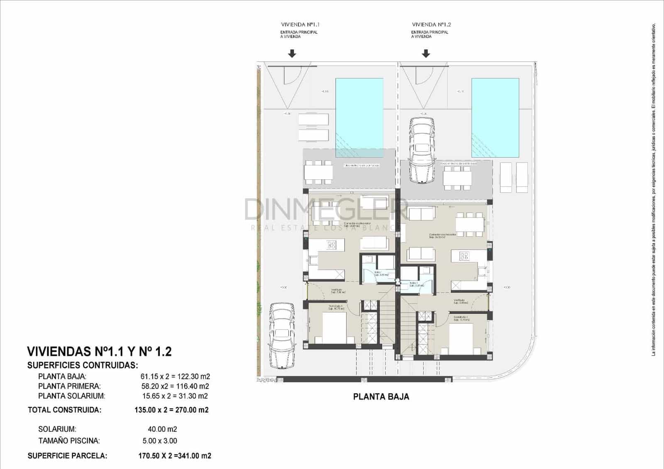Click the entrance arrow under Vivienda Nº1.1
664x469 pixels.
pyautogui.click(x=292, y=54)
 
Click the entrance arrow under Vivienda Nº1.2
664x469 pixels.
pyautogui.click(x=426, y=54)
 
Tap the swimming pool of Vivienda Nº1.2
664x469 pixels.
pyautogui.click(x=495, y=118)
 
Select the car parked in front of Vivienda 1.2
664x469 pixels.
pyautogui.click(x=422, y=150)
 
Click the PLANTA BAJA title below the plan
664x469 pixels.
pyautogui.click(x=381, y=397)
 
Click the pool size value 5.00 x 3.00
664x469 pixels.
pyautogui.click(x=160, y=441)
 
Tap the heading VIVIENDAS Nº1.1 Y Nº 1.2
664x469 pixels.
pyautogui.click(x=99, y=352)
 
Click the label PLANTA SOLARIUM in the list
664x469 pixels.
pyautogui.click(x=71, y=396)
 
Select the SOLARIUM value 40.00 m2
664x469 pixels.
pyautogui.click(x=162, y=429)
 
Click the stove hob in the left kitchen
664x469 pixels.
pyautogui.click(x=331, y=245)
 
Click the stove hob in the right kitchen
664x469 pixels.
pyautogui.click(x=464, y=256)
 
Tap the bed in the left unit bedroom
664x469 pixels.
pyautogui.click(x=334, y=328)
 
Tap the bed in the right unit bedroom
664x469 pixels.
pyautogui.click(x=461, y=338)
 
